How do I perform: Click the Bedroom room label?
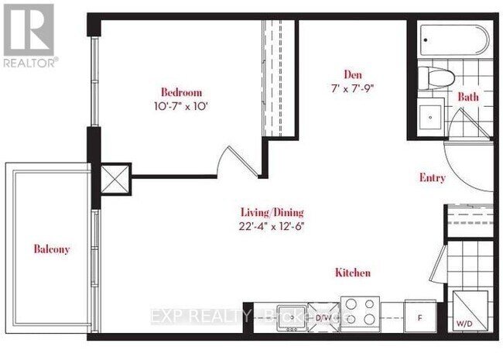(180, 89)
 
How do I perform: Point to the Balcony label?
(52, 249)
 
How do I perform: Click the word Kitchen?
(352, 273)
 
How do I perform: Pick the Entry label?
(432, 178)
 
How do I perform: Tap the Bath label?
(468, 98)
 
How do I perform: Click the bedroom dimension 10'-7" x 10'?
(180, 103)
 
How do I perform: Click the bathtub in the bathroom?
(454, 40)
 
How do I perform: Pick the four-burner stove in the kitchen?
(361, 313)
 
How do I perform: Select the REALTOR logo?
(29, 35)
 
